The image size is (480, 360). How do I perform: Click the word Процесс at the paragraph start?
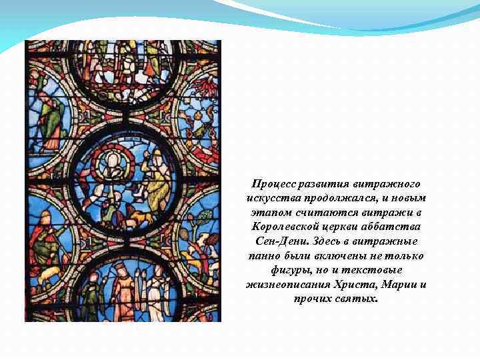coord(272,184)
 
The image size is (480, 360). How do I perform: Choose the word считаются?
coord(323,213)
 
